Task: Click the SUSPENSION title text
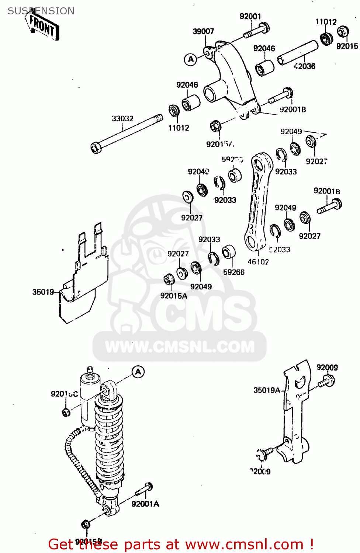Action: click(41, 11)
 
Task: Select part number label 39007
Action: click(203, 31)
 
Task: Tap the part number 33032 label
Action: click(122, 118)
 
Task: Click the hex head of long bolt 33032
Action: click(96, 148)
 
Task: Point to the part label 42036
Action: click(305, 66)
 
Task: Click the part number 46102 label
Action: click(258, 262)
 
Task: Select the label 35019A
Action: click(267, 390)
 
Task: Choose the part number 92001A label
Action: click(145, 504)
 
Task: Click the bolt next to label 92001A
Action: click(145, 489)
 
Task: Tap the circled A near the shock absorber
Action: click(138, 372)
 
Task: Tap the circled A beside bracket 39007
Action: click(191, 59)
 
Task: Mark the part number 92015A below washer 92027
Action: click(174, 296)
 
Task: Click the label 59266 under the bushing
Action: click(234, 272)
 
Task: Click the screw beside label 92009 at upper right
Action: click(327, 381)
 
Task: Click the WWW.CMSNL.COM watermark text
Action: click(180, 347)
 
